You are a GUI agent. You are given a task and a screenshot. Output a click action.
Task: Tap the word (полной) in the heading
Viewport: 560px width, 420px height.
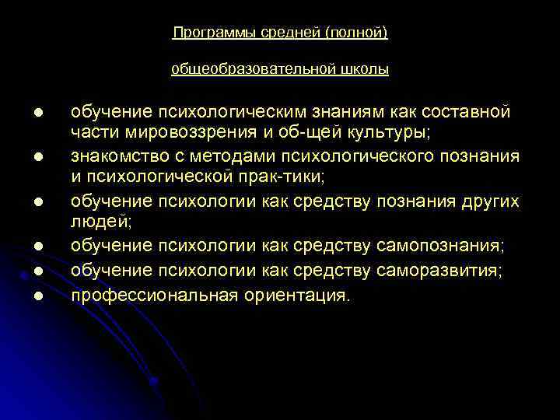click(355, 33)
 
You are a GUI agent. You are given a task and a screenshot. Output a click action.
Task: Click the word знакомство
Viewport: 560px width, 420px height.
click(119, 156)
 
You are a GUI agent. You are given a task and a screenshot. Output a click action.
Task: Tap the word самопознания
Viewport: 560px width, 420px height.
click(440, 247)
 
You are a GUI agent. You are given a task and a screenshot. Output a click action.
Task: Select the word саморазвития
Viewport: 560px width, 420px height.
click(439, 271)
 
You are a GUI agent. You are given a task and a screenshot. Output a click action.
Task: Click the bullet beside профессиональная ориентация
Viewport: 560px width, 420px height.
click(36, 296)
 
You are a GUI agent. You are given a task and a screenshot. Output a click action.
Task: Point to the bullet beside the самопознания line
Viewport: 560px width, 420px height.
click(36, 247)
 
